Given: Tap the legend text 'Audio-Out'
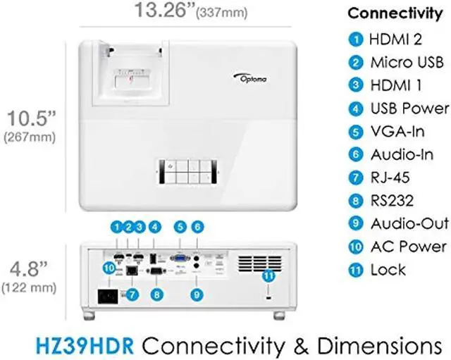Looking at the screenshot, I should pyautogui.click(x=409, y=223).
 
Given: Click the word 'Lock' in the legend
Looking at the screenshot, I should pyautogui.click(x=388, y=270).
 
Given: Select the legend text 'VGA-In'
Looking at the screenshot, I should pyautogui.click(x=396, y=131).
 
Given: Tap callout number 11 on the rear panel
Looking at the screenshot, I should pyautogui.click(x=268, y=277).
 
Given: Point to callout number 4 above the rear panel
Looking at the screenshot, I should pyautogui.click(x=154, y=227).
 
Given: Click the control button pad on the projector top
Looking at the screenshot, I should pyautogui.click(x=185, y=171).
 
